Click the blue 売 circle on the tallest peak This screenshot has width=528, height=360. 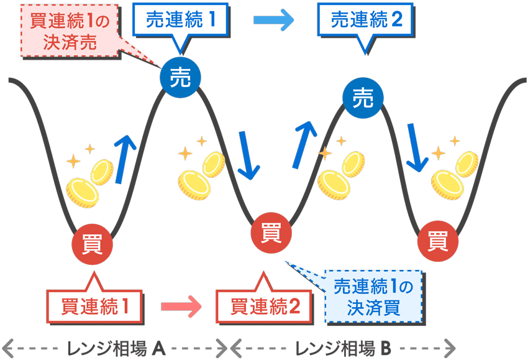coord(181,77)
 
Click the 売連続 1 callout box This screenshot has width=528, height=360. coord(181,20)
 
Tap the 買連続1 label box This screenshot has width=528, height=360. coord(94,305)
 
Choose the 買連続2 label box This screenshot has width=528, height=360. coord(265,305)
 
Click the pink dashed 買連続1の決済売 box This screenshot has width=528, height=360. coord(70,31)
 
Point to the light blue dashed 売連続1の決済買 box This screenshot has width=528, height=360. coord(372,296)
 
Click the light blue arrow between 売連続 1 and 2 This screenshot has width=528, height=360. coord(273,20)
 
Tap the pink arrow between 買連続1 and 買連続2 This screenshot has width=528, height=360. coord(181,306)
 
